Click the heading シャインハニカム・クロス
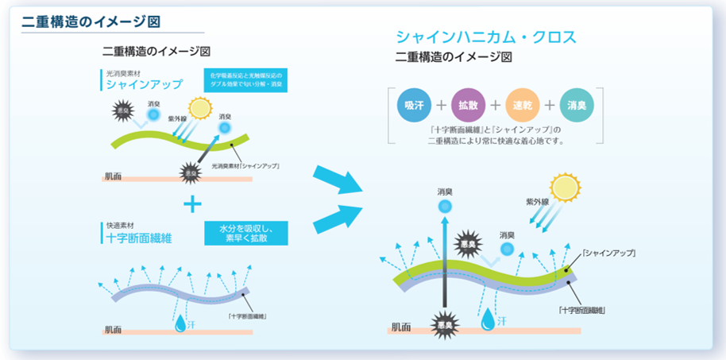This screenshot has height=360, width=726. click(485, 37)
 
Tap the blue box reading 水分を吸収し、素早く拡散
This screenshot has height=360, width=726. click(246, 232)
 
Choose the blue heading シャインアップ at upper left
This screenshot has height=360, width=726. click(144, 84)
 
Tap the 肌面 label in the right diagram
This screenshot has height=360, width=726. click(401, 327)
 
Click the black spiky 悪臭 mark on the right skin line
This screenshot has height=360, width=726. click(444, 323)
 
